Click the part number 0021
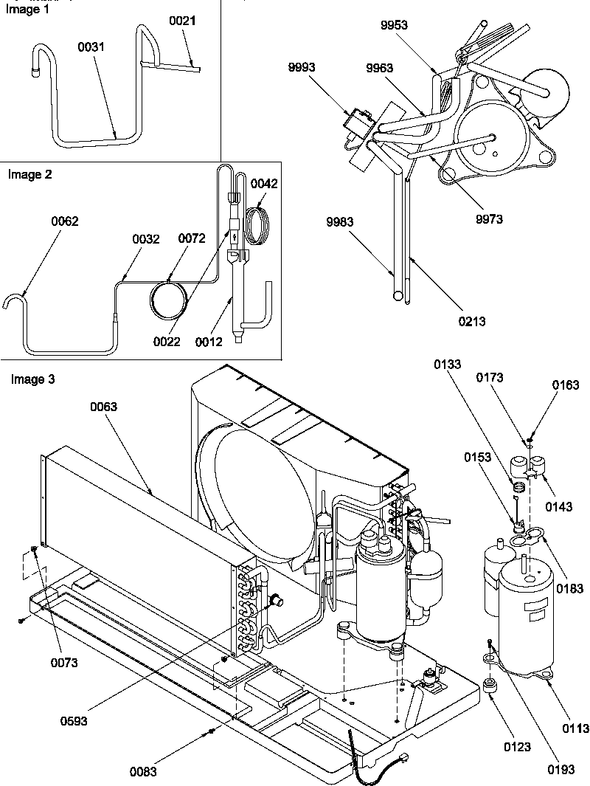coord(183,21)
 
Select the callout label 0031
coord(91,46)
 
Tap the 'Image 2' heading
coord(30,175)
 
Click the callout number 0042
coord(264,184)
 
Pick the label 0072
coord(191,238)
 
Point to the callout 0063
coord(104,407)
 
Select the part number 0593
coord(74,721)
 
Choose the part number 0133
coord(449,365)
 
